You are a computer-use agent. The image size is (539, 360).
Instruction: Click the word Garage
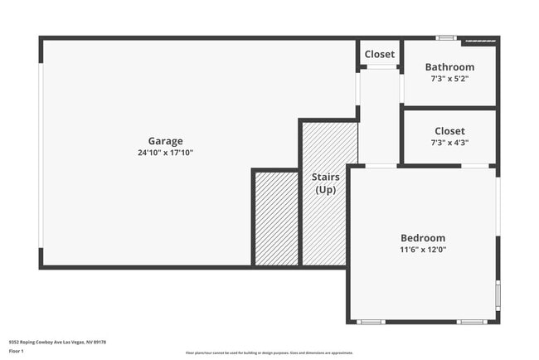click(x=165, y=141)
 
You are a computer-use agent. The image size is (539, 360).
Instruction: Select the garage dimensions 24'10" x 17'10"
click(x=165, y=153)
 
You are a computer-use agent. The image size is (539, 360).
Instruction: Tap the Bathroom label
click(x=449, y=67)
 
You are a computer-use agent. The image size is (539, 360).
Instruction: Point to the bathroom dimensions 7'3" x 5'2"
click(x=449, y=79)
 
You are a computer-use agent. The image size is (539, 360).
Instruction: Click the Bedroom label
click(x=423, y=238)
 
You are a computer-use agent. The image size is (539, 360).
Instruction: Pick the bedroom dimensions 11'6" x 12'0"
click(x=423, y=250)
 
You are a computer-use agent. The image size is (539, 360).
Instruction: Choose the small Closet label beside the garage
click(x=380, y=55)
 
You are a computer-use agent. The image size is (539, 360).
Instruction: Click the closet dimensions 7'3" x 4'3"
click(x=449, y=143)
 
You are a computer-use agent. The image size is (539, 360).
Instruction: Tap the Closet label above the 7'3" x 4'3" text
click(x=449, y=131)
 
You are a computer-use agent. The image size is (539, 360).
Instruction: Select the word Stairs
click(x=324, y=178)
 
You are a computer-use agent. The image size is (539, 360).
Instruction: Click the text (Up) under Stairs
click(x=324, y=190)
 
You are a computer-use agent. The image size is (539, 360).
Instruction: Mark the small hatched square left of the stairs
click(x=275, y=219)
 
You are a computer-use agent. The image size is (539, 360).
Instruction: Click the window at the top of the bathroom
click(x=446, y=37)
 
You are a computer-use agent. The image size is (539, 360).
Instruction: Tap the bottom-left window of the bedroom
click(x=371, y=321)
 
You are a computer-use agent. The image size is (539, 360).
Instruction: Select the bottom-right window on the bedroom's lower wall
click(x=472, y=321)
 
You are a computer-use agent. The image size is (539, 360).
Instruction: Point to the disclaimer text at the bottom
click(x=269, y=353)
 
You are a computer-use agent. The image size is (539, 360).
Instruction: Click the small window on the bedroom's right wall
click(x=498, y=294)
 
